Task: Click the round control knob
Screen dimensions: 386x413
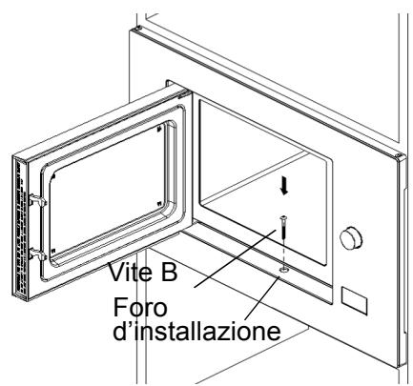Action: [354, 235]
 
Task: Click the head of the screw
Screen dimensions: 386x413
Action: [283, 217]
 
